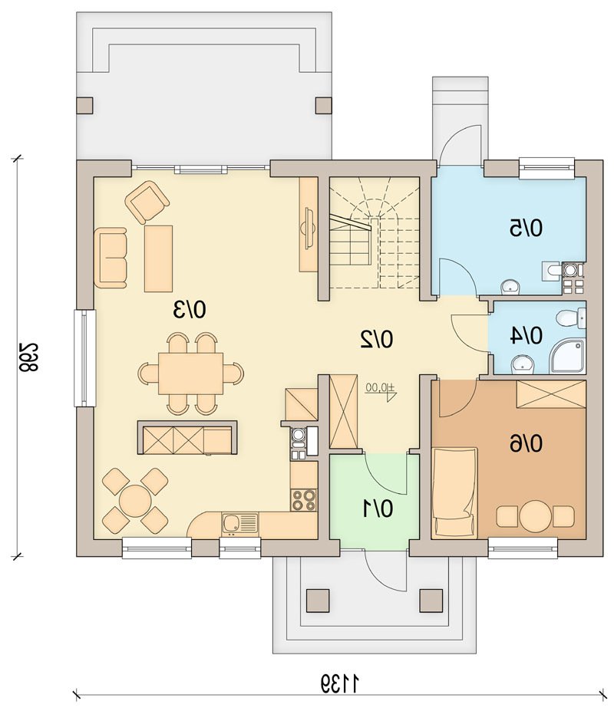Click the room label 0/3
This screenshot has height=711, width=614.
190,309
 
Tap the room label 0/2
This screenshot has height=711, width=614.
376,339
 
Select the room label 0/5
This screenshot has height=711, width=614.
526,228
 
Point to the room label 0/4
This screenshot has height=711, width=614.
526,336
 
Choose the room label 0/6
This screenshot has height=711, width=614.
526,443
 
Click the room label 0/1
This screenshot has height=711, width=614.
377,509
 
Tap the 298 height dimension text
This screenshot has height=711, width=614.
28,357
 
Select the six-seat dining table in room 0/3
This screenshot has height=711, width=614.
190,374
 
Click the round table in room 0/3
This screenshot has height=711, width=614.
135,501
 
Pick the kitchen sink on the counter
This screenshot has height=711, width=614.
239,524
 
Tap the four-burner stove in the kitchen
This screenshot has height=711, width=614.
304,500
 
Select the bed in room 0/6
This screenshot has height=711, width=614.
454,492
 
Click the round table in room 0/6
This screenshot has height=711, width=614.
536,516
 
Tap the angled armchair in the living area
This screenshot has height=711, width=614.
147,202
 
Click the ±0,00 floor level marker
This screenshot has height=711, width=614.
381,390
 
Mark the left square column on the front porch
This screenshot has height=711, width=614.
318,601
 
